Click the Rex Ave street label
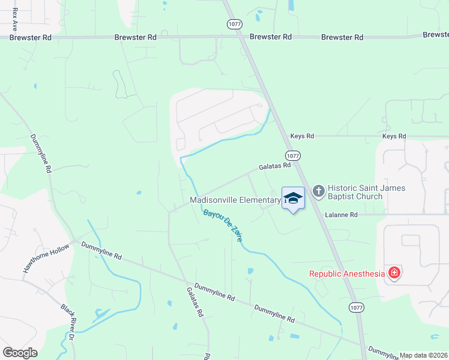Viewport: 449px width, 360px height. click(x=14, y=19)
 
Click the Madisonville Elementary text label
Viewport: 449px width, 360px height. click(x=235, y=200)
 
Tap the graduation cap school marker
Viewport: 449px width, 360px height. click(x=292, y=199)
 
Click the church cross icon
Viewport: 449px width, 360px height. click(x=318, y=191)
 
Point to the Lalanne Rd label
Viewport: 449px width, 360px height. click(x=341, y=214)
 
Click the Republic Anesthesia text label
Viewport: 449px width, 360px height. click(x=346, y=274)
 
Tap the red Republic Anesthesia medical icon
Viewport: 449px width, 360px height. click(x=394, y=274)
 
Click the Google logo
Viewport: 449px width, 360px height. click(x=20, y=353)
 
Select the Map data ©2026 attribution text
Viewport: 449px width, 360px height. click(x=424, y=355)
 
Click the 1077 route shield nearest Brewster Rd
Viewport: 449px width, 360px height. click(x=234, y=24)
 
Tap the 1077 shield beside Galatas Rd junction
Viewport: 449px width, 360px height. click(x=302, y=155)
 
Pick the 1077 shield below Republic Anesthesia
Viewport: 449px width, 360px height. click(x=356, y=307)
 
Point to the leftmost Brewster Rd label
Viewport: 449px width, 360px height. click(x=31, y=37)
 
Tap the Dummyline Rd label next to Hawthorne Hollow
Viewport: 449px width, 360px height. click(x=101, y=251)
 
